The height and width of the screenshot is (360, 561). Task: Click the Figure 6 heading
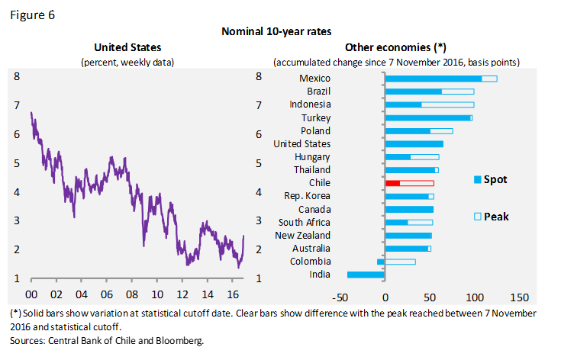click(x=32, y=14)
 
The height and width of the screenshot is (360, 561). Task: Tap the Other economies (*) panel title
click(x=395, y=48)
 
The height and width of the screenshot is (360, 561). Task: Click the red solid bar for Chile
click(x=393, y=183)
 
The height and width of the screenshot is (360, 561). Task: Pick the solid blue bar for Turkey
click(x=427, y=117)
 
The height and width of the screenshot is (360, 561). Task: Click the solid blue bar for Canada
click(x=409, y=209)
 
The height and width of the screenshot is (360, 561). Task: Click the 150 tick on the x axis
click(x=519, y=296)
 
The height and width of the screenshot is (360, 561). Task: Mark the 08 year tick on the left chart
click(x=131, y=294)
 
